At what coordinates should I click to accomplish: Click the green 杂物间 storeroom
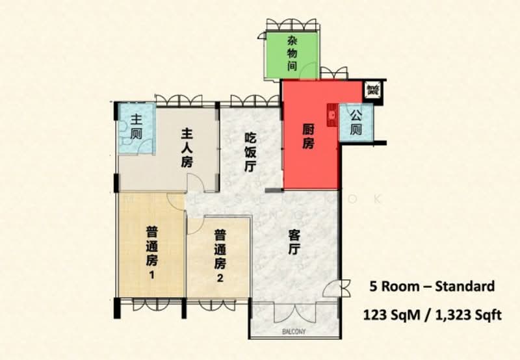292,55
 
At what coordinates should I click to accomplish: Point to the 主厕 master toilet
136,126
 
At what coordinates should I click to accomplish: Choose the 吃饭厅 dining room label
250,151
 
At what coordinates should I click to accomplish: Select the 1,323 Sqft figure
464,315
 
